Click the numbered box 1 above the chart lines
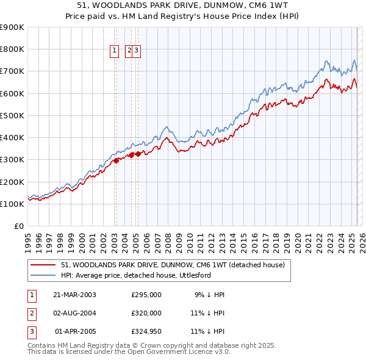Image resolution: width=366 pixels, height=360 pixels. click(115, 52)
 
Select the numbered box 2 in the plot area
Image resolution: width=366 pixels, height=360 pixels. click(129, 52)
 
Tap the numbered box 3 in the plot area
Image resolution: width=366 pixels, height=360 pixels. click(137, 52)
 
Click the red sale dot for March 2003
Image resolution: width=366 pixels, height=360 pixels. click(116, 161)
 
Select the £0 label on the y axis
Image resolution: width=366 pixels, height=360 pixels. click(19, 226)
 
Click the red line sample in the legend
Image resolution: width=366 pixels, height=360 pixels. click(43, 265)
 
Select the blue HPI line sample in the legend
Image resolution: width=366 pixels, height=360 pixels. click(43, 275)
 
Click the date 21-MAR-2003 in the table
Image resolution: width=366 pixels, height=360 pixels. click(74, 295)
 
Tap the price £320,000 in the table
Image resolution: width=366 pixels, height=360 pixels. click(146, 313)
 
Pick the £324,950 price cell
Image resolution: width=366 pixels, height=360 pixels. click(146, 331)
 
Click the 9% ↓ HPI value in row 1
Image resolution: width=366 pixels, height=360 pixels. click(210, 295)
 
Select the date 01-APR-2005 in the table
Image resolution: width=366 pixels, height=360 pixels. click(75, 331)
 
